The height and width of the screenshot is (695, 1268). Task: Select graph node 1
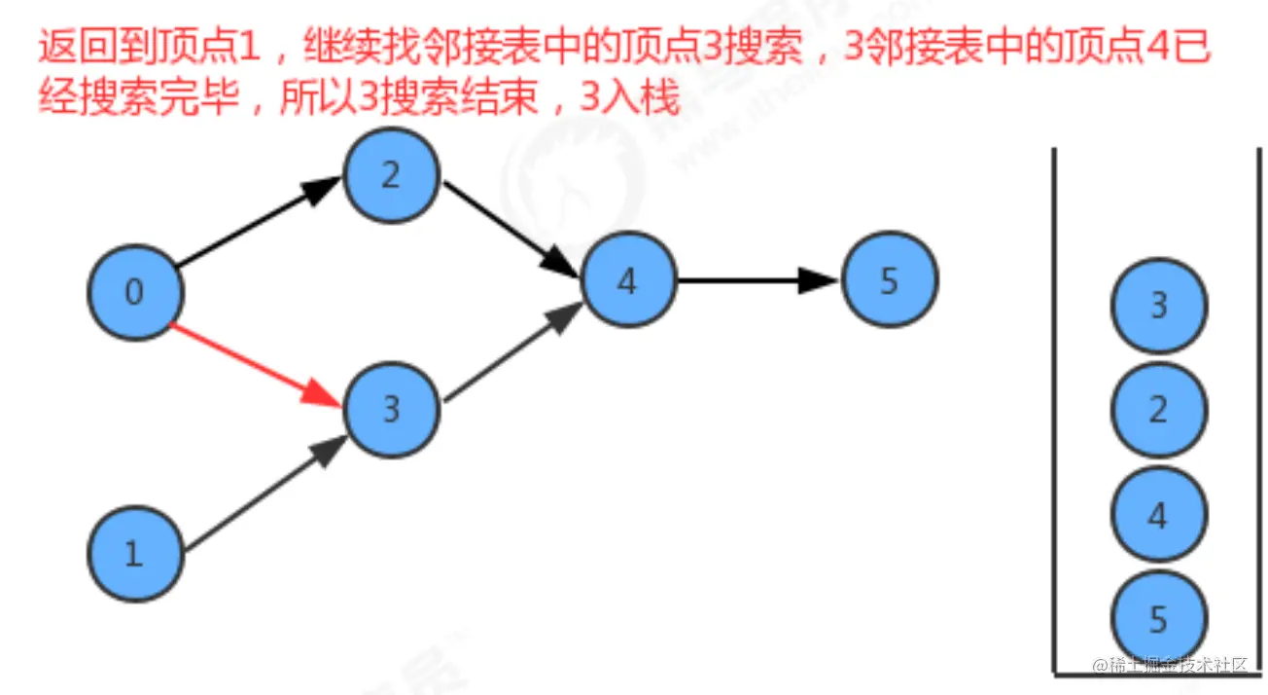pyautogui.click(x=135, y=553)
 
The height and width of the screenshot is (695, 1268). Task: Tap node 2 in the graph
pyautogui.click(x=391, y=176)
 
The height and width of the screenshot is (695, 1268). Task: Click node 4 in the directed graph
pyautogui.click(x=627, y=281)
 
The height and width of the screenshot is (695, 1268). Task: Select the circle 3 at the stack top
pyautogui.click(x=1158, y=306)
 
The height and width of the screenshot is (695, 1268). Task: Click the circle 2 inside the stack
pyautogui.click(x=1158, y=410)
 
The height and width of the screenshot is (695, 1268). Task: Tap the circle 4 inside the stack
pyautogui.click(x=1158, y=514)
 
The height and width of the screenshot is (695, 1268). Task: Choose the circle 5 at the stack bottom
pyautogui.click(x=1158, y=618)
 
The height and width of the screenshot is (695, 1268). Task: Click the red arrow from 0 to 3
pyautogui.click(x=258, y=365)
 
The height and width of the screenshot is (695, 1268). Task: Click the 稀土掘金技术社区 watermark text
pyautogui.click(x=1176, y=666)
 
